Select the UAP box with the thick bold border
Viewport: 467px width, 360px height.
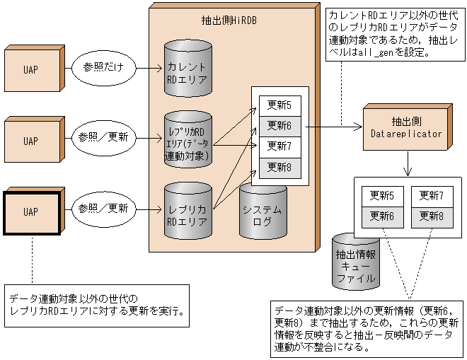[x=31, y=211]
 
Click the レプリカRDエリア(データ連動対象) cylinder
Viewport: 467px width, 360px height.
[x=188, y=138]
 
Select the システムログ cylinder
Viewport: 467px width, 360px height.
[x=263, y=209]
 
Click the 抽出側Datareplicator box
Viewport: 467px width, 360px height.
[x=405, y=127]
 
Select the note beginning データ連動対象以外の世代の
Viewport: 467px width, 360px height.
[x=96, y=305]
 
